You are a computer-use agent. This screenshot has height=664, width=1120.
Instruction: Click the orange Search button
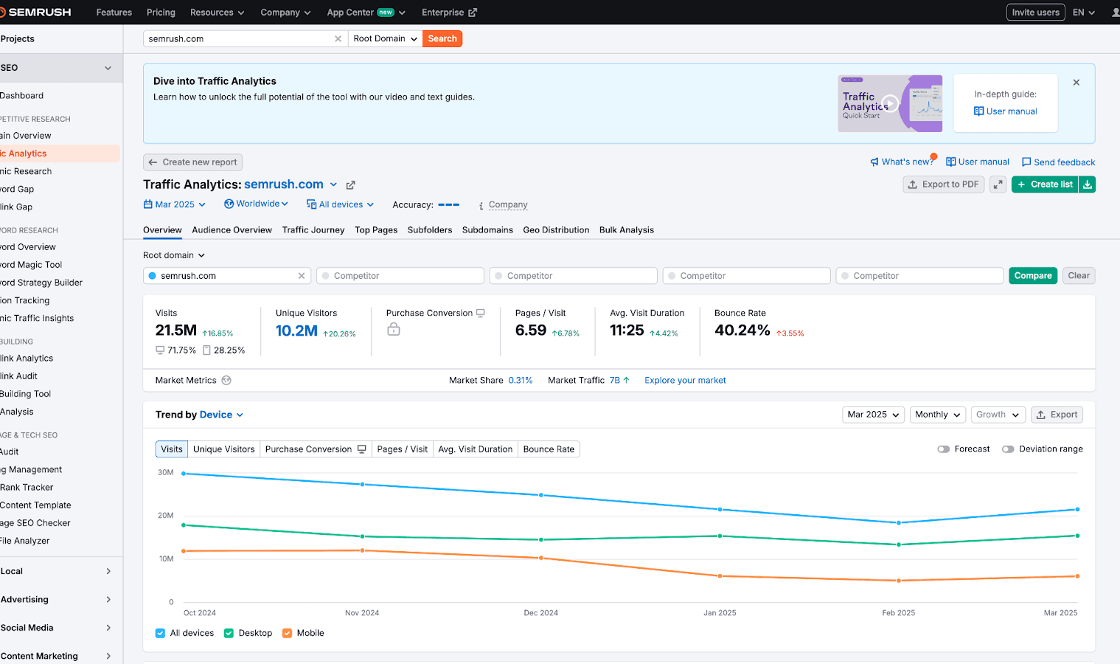tap(442, 38)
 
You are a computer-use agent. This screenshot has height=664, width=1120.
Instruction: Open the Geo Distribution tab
tap(556, 230)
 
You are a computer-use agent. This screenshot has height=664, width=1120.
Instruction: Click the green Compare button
tap(1032, 276)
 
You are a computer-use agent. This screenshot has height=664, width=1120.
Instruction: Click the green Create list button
tap(1044, 184)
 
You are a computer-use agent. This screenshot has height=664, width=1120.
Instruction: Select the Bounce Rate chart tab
tap(549, 449)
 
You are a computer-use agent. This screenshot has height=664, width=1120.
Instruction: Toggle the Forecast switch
tap(944, 449)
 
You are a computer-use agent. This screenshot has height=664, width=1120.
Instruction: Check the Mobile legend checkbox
tap(288, 633)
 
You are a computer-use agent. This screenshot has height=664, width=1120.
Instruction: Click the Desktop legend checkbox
tap(229, 633)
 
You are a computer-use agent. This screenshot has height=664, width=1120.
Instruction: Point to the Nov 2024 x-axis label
tap(362, 613)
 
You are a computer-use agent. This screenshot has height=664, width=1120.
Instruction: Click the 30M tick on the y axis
tap(166, 472)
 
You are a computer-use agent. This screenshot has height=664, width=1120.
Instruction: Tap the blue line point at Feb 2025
tap(898, 522)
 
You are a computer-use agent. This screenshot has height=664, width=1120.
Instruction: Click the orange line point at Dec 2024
tap(541, 558)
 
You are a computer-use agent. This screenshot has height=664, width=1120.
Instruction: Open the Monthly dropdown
tap(937, 415)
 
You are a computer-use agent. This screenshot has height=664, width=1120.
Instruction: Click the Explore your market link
tap(685, 381)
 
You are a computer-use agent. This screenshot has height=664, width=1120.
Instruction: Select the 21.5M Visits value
tap(176, 331)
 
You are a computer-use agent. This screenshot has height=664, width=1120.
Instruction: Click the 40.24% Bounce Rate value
tap(742, 331)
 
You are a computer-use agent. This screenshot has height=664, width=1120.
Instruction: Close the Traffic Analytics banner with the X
tap(1076, 83)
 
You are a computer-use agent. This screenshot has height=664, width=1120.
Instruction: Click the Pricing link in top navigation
tap(161, 13)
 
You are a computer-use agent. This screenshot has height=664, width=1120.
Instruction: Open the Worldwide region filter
tap(256, 204)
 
